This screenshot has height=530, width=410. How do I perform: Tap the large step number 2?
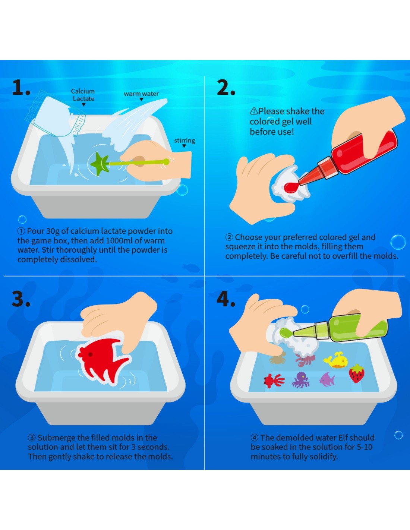[x=226, y=88]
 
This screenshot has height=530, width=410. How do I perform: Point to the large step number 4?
[x=226, y=299]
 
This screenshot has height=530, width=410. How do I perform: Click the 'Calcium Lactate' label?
[x=83, y=95]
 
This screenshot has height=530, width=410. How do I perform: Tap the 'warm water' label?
[x=141, y=94]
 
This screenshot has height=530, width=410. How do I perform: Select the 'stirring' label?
[x=184, y=141]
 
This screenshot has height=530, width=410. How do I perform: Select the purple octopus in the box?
[x=300, y=380]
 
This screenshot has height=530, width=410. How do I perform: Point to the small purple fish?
[x=327, y=379]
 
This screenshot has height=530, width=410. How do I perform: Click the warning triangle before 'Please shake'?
[x=254, y=111]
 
